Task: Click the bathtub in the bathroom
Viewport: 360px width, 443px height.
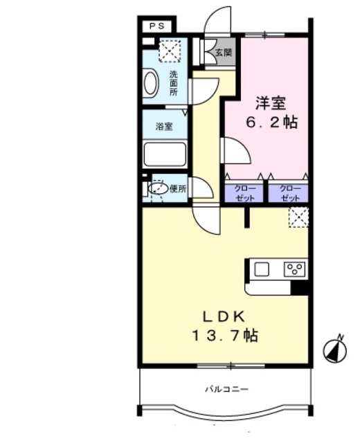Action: tap(165, 154)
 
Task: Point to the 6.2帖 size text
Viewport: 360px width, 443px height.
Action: tap(272, 123)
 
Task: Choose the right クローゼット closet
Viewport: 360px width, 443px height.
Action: tap(289, 192)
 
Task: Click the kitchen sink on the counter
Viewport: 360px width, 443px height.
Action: tap(262, 269)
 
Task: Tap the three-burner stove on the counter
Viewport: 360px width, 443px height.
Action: tap(294, 269)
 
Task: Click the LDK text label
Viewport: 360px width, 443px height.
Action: tap(223, 316)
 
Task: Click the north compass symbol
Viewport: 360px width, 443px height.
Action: tap(336, 350)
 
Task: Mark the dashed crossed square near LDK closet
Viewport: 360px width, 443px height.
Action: tap(298, 217)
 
